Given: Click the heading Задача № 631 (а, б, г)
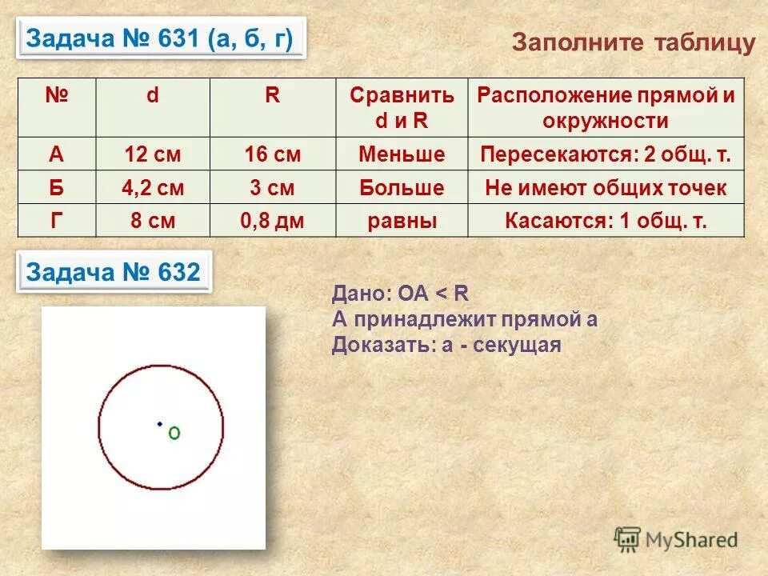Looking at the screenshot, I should (160, 38).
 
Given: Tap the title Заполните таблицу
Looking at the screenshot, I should (633, 42).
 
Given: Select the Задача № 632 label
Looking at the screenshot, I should (113, 272).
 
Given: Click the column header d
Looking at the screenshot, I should (152, 96).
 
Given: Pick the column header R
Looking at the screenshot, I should (273, 96).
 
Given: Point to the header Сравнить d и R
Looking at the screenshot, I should (402, 107).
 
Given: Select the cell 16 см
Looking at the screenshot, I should (273, 154).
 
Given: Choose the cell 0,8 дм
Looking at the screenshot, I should (273, 221).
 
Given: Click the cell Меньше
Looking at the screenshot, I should (402, 154).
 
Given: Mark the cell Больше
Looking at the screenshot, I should (402, 188).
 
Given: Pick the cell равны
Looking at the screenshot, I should (402, 221).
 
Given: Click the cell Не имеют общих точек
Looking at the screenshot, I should (606, 188).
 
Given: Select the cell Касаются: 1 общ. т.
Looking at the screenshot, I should (606, 221).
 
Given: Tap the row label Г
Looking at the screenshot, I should (56, 221).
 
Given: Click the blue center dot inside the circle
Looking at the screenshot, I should (160, 424).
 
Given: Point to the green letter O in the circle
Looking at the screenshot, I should (174, 433).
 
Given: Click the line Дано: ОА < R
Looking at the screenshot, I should (400, 294).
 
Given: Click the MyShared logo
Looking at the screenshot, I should (676, 539).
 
